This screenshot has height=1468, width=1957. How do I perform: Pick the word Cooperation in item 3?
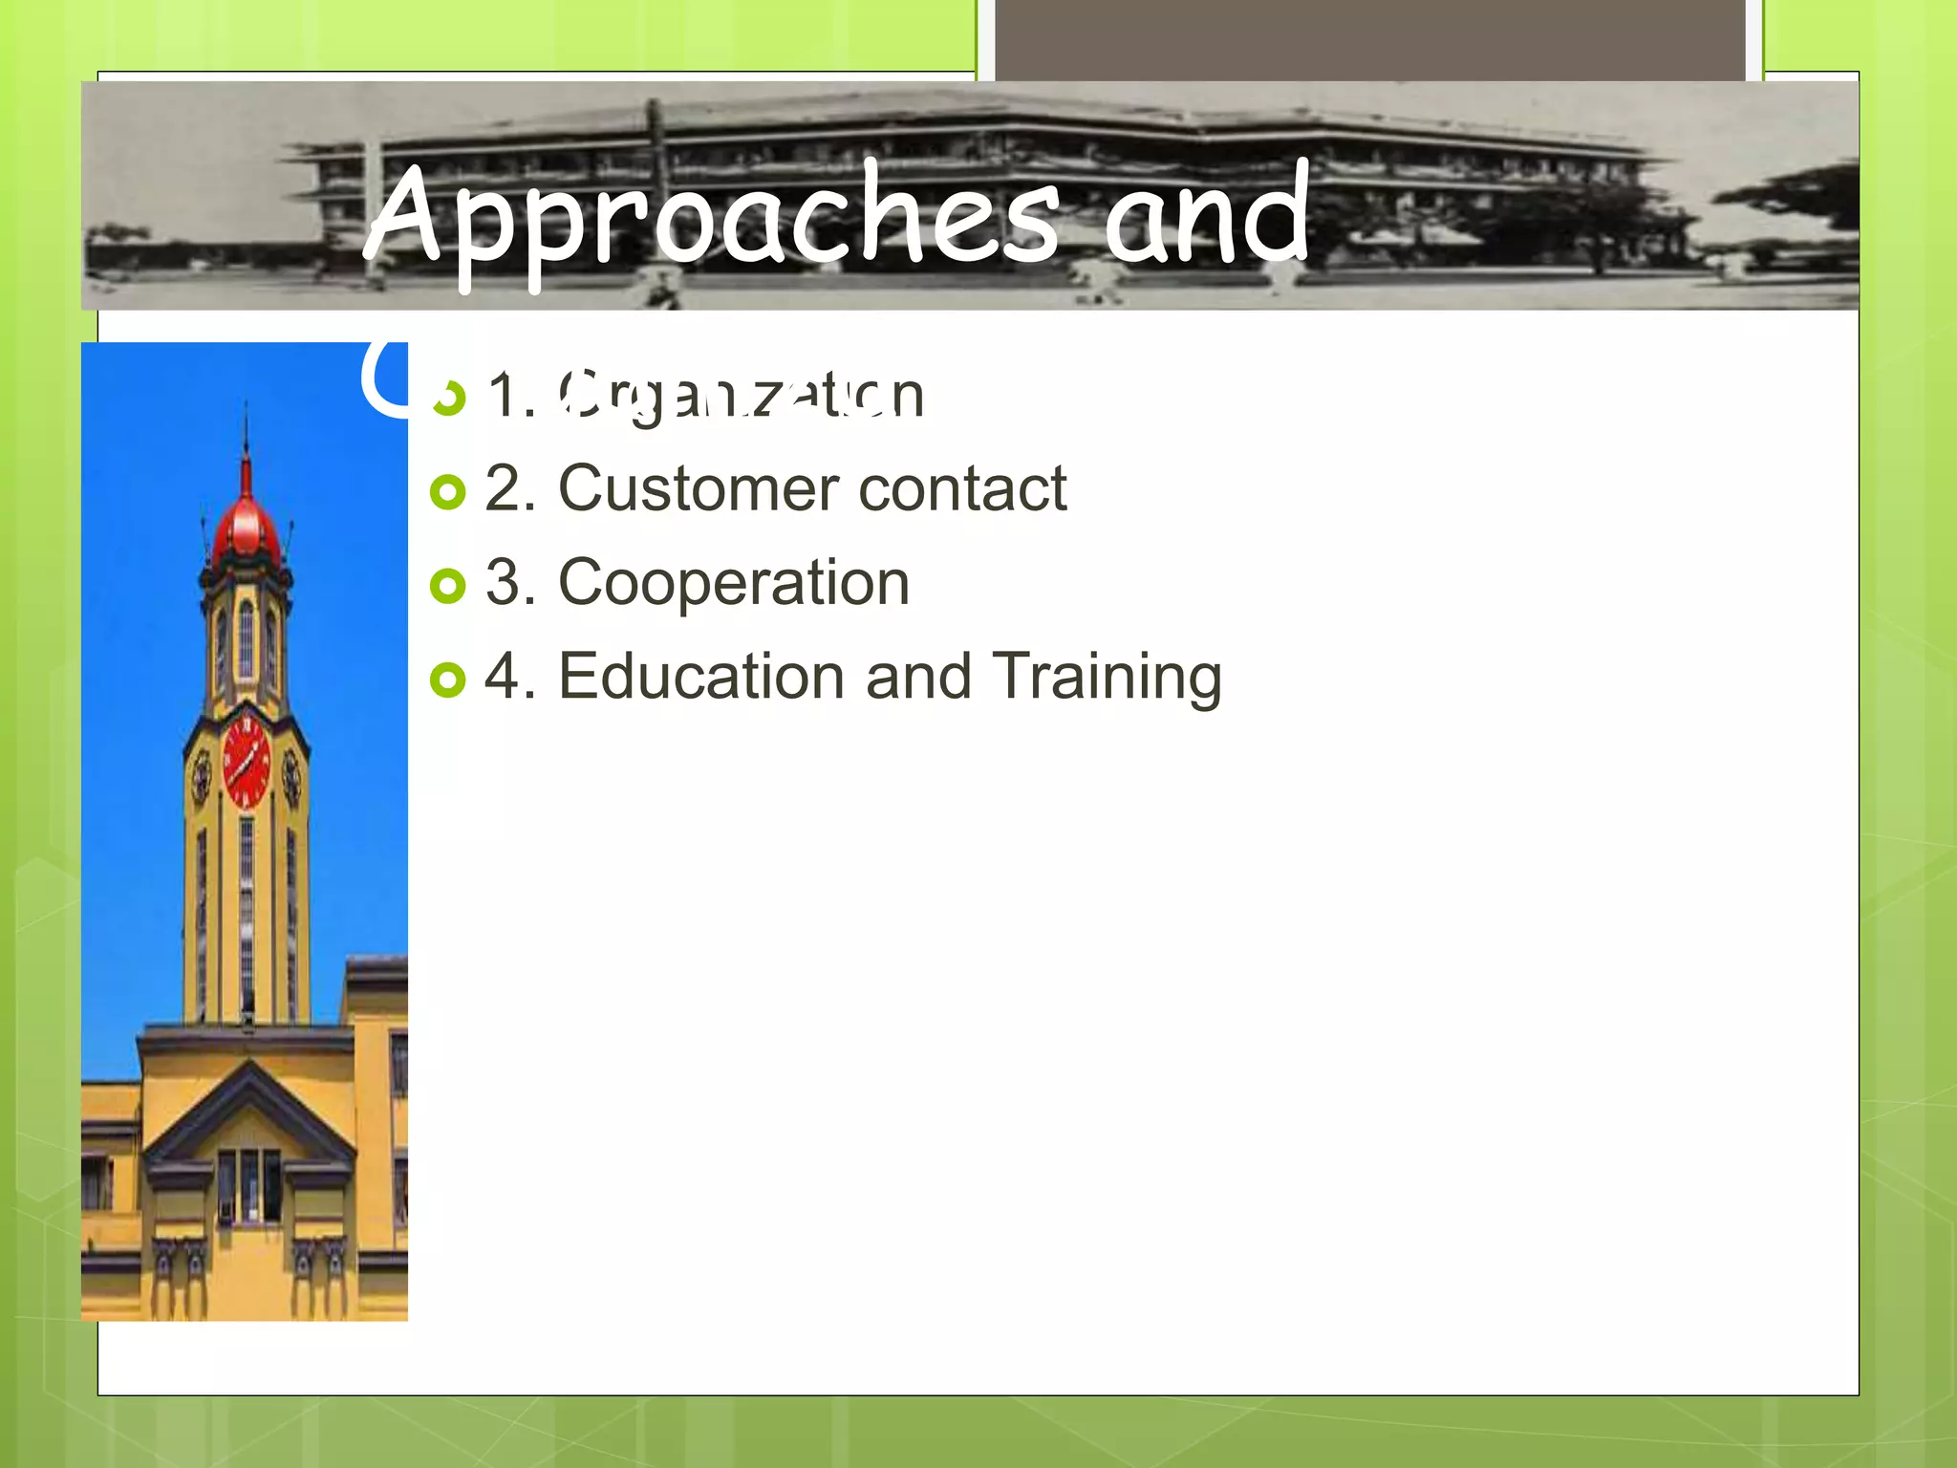pyautogui.click(x=733, y=583)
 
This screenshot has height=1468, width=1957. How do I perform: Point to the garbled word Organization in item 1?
pyautogui.click(x=741, y=395)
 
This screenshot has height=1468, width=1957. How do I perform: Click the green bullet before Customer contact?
pyautogui.click(x=447, y=492)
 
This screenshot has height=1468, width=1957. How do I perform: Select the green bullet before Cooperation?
pyautogui.click(x=447, y=586)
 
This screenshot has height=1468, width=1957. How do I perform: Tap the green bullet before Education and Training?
pyautogui.click(x=447, y=680)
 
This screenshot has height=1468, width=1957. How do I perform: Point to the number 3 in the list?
pyautogui.click(x=503, y=583)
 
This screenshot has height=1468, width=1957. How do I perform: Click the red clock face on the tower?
pyautogui.click(x=247, y=762)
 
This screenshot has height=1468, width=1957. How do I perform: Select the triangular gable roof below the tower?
pyautogui.click(x=248, y=1113)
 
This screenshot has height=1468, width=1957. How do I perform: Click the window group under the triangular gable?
pyautogui.click(x=248, y=1185)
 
